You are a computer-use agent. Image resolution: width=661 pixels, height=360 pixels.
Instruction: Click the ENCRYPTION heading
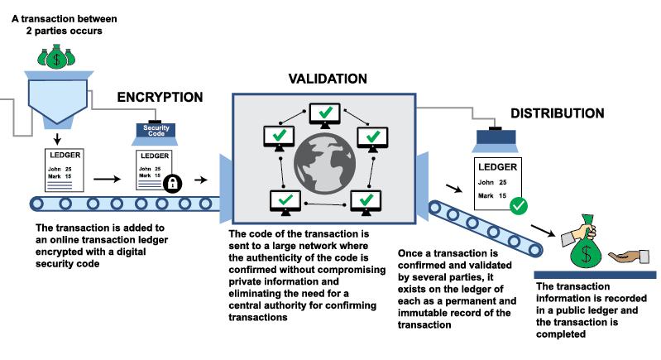point(160,97)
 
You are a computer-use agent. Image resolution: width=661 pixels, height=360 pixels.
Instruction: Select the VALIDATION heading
point(327,79)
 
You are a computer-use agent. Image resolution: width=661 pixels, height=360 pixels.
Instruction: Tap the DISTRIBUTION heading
point(557,113)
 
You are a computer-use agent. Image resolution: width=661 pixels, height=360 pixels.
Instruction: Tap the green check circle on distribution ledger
point(519,204)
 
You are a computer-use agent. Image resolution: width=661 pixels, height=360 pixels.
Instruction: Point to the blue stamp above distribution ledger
point(497,140)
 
